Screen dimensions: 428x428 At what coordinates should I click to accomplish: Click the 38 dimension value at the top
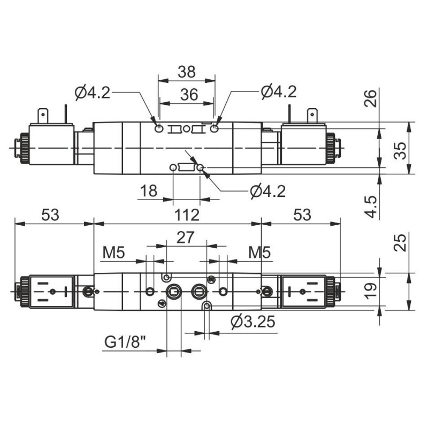(187, 71)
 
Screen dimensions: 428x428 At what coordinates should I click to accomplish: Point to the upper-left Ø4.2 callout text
(93, 92)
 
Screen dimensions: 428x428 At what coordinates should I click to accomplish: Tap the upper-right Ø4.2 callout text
(279, 92)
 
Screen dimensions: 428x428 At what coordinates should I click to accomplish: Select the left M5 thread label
(114, 252)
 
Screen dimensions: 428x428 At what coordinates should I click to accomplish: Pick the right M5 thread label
(259, 252)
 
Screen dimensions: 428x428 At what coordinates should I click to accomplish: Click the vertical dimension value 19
(370, 289)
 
